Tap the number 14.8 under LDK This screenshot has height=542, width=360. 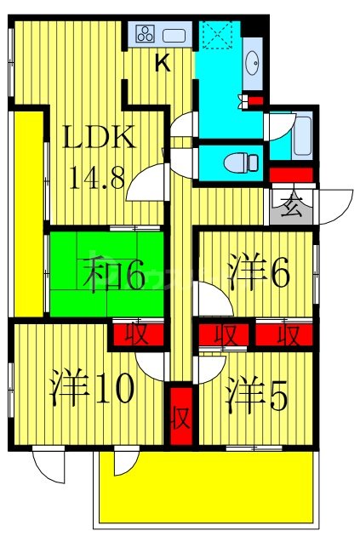pos(95,178)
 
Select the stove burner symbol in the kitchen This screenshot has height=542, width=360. pos(146,35)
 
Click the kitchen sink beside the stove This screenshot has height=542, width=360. pos(174,35)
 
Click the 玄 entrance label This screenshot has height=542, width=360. pos(291,205)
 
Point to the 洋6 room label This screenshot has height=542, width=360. pos(260,274)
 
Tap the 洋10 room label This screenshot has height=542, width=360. pos(92,388)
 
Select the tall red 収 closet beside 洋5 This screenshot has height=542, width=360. pos(180,416)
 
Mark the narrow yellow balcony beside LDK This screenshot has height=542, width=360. pos(28,213)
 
